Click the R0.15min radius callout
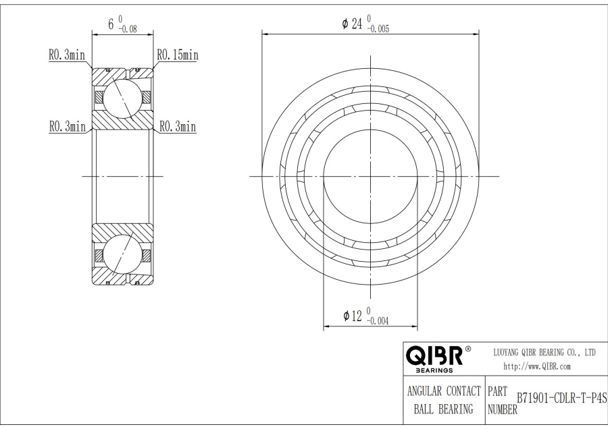click(177, 55)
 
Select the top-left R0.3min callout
click(67, 55)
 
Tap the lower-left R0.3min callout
click(67, 126)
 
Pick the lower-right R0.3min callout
click(177, 126)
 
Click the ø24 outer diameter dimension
click(353, 24)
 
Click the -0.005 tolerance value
click(378, 29)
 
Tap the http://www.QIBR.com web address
click(538, 366)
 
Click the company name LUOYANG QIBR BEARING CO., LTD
click(542, 353)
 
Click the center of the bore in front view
click(370, 176)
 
